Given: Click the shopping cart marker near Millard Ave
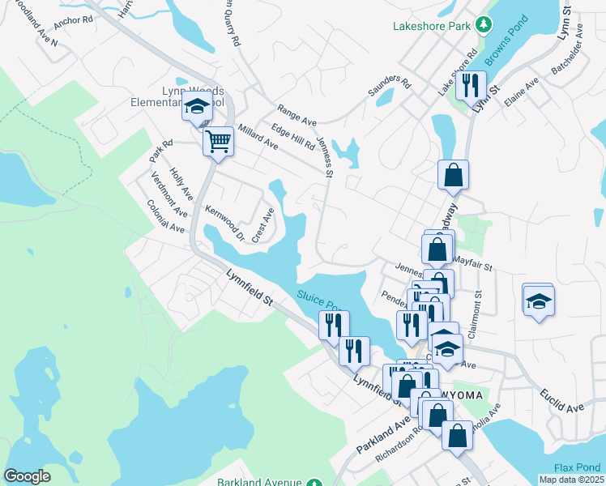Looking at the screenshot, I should (218, 143).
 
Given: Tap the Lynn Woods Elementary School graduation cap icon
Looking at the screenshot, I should (195, 107).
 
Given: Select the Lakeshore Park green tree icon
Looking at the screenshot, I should (484, 25).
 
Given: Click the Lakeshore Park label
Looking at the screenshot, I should (432, 26).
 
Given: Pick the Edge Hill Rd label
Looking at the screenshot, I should (292, 137).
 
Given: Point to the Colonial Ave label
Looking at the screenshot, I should (164, 216).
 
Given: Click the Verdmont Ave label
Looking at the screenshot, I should (169, 199).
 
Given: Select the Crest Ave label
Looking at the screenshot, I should (263, 225).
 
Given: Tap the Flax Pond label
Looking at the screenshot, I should (577, 467).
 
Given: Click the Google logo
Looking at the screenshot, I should (27, 476).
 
